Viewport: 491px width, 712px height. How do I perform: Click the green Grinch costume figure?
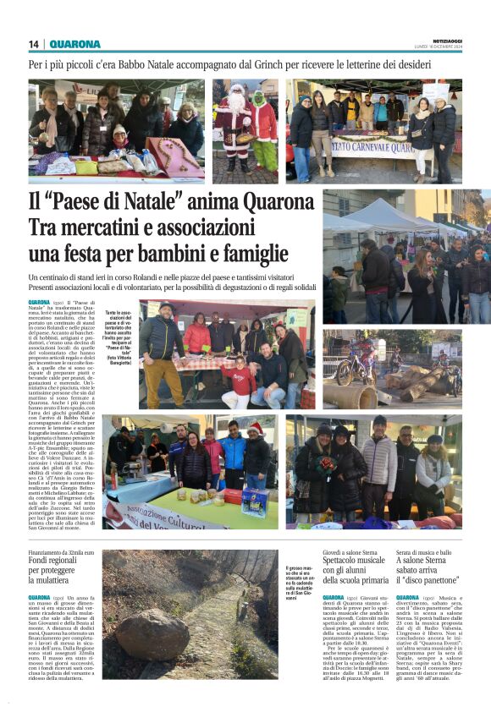coord(263,131)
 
